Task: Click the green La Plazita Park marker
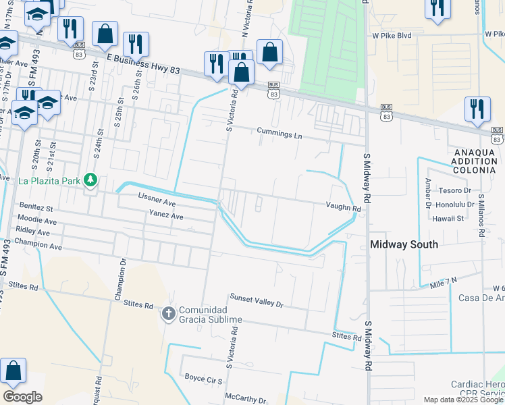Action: [88, 180]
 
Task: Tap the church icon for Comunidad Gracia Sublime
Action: [168, 313]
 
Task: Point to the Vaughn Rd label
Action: [344, 208]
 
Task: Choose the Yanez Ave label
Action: [166, 216]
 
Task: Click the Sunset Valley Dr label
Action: [256, 300]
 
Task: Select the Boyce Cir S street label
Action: [204, 379]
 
